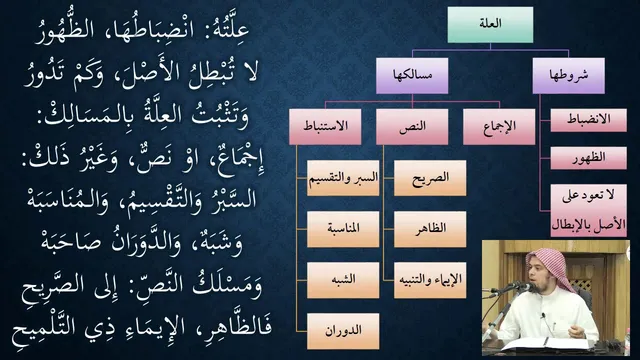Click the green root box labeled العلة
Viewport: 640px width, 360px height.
click(490, 24)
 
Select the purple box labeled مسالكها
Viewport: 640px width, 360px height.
click(412, 76)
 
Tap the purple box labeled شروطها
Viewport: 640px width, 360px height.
click(569, 76)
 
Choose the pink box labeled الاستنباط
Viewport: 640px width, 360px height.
click(325, 127)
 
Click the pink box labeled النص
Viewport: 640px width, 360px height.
click(412, 127)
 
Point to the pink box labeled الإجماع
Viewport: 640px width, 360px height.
click(499, 127)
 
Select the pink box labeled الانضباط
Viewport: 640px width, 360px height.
click(588, 120)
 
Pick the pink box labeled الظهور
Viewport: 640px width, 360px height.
click(588, 158)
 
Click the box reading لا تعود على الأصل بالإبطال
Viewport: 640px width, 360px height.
click(588, 211)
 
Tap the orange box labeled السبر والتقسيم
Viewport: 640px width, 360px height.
click(343, 178)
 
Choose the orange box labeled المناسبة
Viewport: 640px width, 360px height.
click(343, 229)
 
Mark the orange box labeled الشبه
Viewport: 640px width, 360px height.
click(343, 280)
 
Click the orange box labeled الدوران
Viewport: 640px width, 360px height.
click(343, 331)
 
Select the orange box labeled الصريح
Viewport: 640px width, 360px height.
click(430, 178)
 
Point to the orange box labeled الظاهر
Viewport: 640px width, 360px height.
click(430, 229)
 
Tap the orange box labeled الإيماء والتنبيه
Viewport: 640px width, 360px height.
click(430, 280)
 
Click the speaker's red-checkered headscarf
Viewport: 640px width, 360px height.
click(549, 265)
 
